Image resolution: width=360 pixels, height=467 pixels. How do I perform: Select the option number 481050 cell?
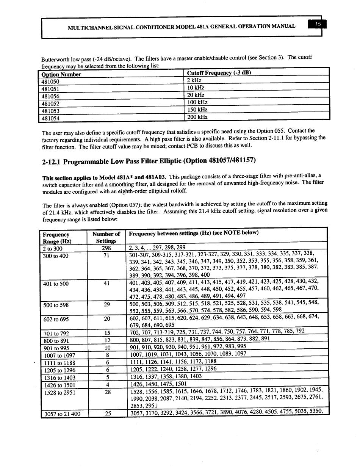tap(50, 81)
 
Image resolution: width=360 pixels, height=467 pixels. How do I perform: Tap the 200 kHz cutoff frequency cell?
tap(197, 117)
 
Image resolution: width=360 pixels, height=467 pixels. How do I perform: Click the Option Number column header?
tap(61, 74)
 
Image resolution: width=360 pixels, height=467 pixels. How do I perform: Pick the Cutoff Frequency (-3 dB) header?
tap(219, 73)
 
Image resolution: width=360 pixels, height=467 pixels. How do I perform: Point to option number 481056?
tap(50, 96)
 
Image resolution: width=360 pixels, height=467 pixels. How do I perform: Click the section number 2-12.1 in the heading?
tap(51, 162)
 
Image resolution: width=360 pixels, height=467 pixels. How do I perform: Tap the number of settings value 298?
tap(106, 248)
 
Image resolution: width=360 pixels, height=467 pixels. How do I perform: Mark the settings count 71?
tap(106, 255)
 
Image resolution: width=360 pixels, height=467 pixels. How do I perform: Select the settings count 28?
tap(108, 392)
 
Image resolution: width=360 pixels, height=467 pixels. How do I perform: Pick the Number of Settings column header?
tap(106, 238)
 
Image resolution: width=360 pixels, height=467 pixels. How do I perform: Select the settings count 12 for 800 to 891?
tap(108, 340)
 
